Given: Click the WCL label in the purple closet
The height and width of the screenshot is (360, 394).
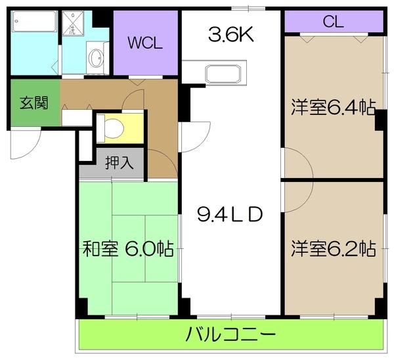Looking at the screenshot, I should pos(144,43).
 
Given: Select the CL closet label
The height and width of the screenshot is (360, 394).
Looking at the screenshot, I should pos(333,22).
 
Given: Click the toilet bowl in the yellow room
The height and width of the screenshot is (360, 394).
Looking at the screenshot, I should pos(114,128).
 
